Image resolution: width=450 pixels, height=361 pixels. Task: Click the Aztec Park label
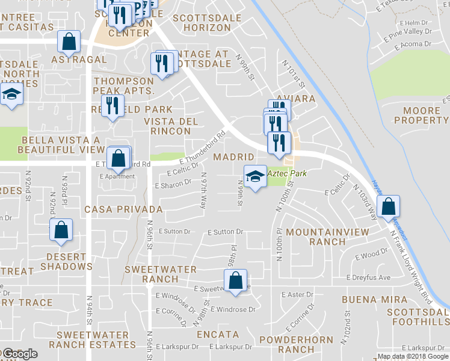287,173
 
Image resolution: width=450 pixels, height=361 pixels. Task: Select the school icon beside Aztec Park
255,176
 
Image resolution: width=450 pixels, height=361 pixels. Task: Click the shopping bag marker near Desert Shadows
61,230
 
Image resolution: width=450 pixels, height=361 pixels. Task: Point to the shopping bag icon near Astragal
69,42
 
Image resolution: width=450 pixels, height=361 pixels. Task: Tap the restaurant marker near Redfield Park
112,106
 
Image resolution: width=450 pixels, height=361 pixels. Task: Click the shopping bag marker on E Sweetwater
235,280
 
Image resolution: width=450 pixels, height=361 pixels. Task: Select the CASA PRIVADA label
123,209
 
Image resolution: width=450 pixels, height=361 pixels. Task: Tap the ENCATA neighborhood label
217,335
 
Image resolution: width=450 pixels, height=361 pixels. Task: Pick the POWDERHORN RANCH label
296,344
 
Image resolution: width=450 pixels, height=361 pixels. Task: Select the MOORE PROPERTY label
421,116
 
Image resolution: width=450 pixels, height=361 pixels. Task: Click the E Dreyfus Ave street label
369,277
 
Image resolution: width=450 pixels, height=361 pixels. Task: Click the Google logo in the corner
20,354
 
